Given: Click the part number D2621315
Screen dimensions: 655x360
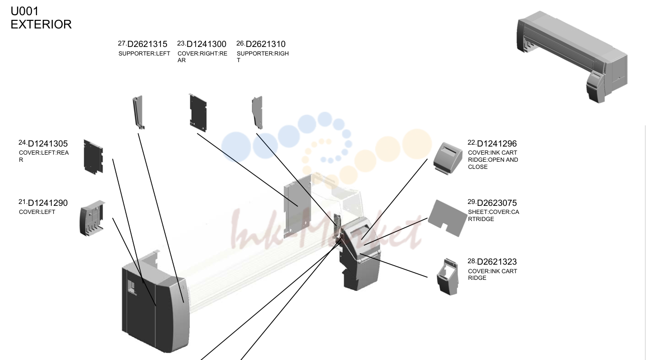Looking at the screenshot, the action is [x=147, y=44].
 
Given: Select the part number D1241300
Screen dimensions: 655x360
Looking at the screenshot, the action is [x=206, y=44].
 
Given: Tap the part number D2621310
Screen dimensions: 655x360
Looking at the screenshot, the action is [x=265, y=44].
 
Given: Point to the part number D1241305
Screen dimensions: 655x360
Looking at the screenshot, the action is [x=47, y=144].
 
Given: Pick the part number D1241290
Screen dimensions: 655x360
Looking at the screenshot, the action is [x=47, y=203].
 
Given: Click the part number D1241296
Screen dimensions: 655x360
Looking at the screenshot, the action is [x=497, y=144].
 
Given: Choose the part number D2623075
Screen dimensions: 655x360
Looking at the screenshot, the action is [x=497, y=203].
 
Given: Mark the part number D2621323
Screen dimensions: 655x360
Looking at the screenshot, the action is [x=497, y=261].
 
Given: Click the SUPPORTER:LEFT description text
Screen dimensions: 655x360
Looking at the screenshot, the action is [x=144, y=54].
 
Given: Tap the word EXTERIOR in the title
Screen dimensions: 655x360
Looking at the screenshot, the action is [x=41, y=25].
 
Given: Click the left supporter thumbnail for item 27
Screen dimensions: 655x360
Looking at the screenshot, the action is [x=138, y=112].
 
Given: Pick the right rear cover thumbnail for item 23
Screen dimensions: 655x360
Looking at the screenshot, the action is [x=198, y=113].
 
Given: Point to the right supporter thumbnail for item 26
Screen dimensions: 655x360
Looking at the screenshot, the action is [x=257, y=112].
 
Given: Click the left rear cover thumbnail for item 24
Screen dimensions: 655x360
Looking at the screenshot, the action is [x=94, y=157].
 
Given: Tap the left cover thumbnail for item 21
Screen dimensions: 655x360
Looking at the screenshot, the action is [x=92, y=218].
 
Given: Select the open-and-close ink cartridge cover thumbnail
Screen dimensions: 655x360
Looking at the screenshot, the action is [x=448, y=158].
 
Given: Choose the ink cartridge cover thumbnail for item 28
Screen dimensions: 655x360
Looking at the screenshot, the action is [x=448, y=277].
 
